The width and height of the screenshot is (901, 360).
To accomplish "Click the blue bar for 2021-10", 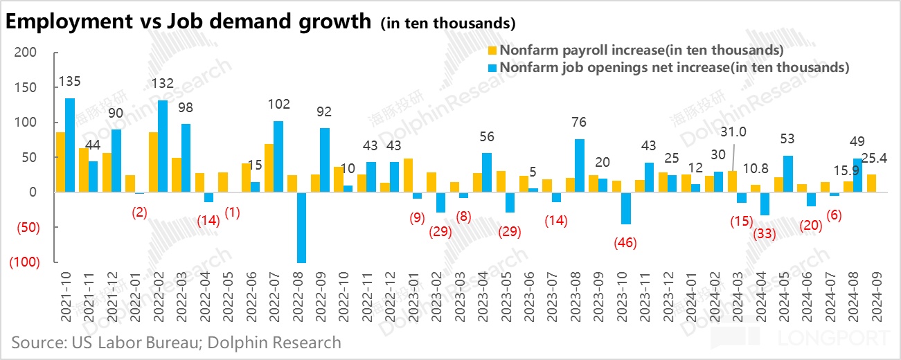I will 70,145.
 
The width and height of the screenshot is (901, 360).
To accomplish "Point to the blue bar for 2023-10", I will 625,208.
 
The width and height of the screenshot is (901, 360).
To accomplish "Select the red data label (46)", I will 625,243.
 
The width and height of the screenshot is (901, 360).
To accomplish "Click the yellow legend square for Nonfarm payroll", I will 492,51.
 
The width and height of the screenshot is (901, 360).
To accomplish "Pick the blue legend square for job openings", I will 492,68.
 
